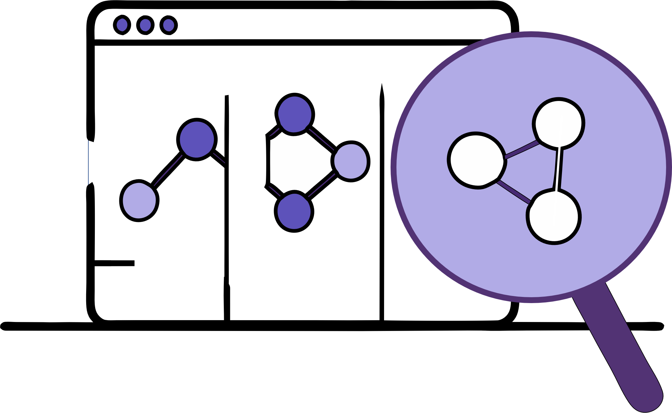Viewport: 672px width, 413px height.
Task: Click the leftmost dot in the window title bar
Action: [x=122, y=25]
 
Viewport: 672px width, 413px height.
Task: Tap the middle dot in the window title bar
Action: [x=145, y=25]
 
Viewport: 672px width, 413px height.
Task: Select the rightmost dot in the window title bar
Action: [x=169, y=25]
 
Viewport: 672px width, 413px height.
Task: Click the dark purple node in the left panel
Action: [x=197, y=139]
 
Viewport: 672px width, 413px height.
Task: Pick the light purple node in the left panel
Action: [x=139, y=201]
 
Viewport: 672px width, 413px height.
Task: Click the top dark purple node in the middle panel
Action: [x=294, y=114]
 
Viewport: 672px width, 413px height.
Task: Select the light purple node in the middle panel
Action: [x=351, y=161]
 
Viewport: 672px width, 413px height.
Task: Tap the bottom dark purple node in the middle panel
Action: [x=294, y=211]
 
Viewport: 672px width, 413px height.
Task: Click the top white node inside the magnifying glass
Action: [x=559, y=124]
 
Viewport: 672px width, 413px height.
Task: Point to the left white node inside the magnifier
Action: [x=477, y=160]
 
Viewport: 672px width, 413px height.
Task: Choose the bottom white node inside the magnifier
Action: [x=554, y=217]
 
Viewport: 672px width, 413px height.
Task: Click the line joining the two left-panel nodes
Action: [x=167, y=170]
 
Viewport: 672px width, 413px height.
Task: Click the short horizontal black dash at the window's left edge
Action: [x=114, y=263]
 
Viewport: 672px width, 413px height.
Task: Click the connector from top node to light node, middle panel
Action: [x=322, y=137]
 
